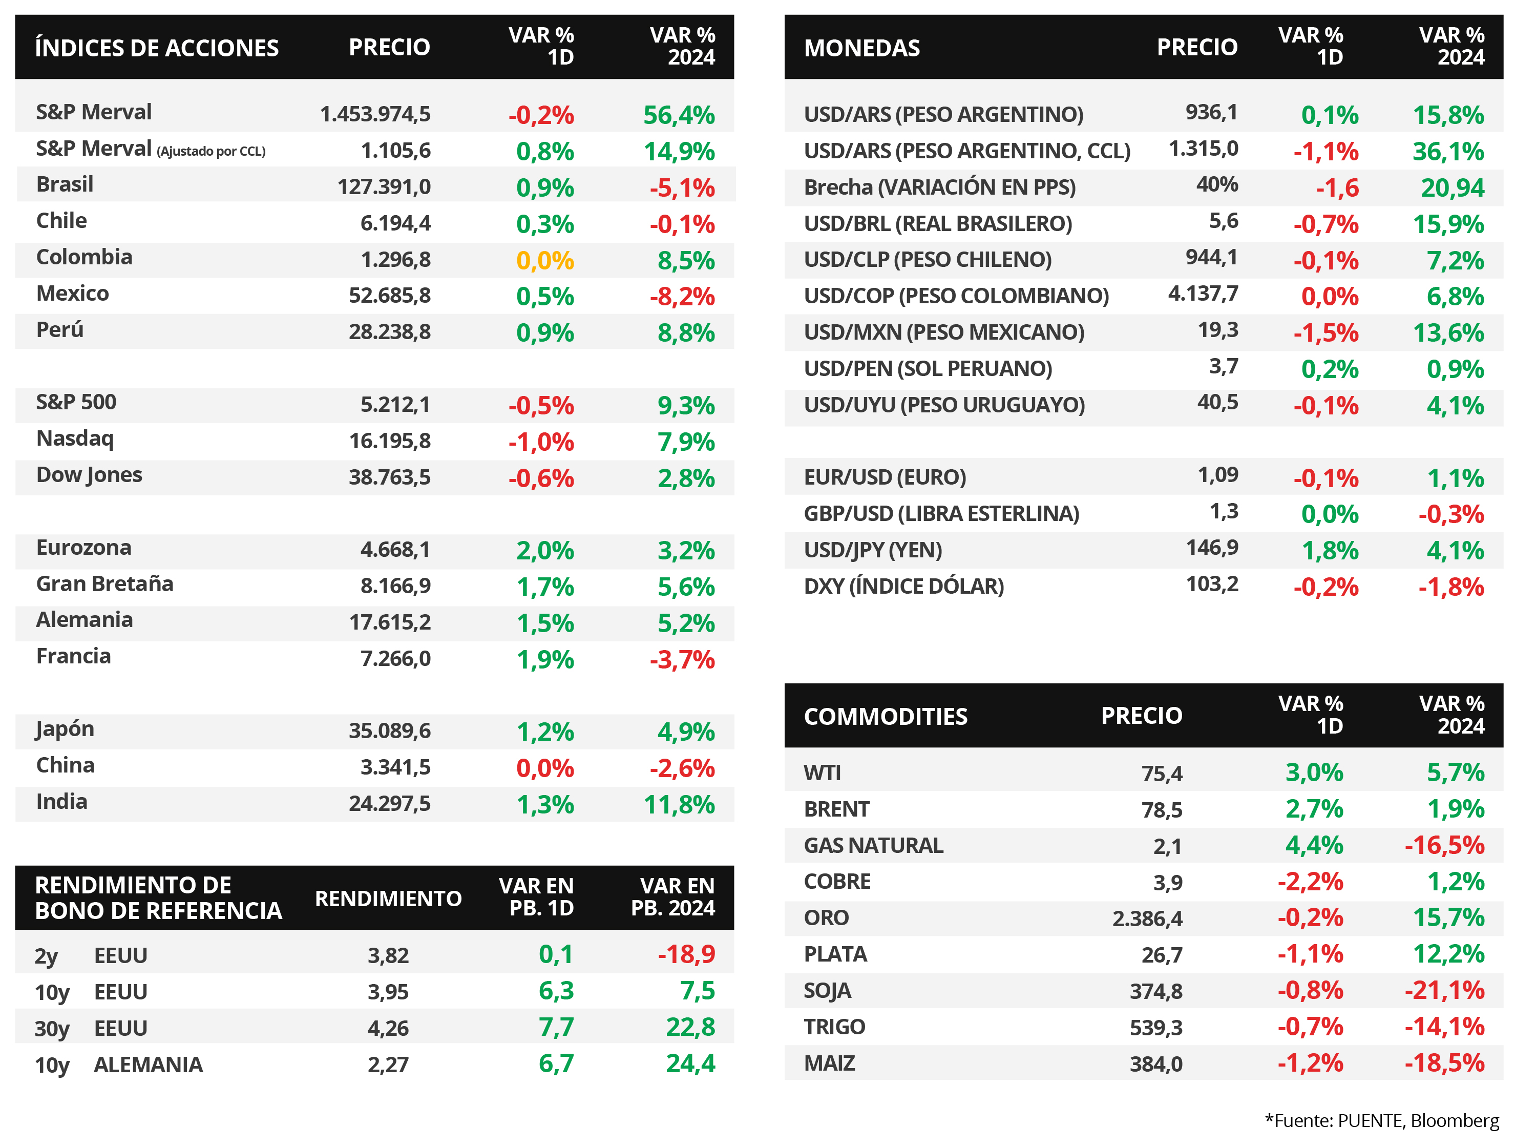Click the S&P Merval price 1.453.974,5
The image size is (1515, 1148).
click(x=375, y=114)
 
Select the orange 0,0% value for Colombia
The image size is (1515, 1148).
click(x=544, y=260)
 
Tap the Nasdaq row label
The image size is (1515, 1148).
click(x=75, y=439)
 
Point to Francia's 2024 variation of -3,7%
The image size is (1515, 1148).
click(x=682, y=660)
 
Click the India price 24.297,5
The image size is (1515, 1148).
click(x=390, y=803)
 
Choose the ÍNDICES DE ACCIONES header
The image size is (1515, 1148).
click(x=157, y=48)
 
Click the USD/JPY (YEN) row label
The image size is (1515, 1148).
click(x=873, y=550)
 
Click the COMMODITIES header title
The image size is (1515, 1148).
click(x=886, y=717)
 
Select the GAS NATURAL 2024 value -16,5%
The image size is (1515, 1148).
click(x=1444, y=845)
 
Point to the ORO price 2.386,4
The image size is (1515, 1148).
click(x=1147, y=919)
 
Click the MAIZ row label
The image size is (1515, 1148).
click(x=829, y=1063)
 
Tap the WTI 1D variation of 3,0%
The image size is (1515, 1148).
click(x=1314, y=773)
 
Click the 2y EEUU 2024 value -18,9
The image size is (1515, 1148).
click(x=686, y=954)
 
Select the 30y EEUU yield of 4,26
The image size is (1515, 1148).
click(x=388, y=1028)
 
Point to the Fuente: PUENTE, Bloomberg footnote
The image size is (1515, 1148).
click(x=1381, y=1121)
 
